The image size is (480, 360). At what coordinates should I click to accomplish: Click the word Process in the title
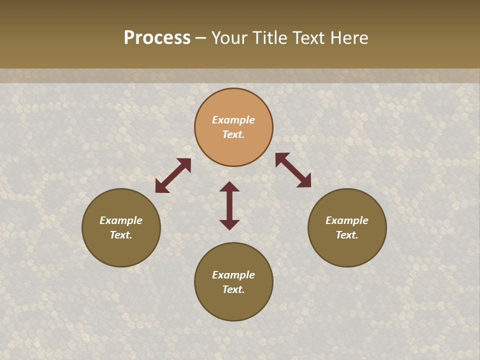[x=157, y=38]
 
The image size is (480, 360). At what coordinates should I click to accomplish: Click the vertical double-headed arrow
[x=229, y=205]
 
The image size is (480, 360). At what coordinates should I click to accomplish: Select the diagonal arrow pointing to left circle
[x=173, y=175]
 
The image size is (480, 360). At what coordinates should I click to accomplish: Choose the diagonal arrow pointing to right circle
[x=293, y=170]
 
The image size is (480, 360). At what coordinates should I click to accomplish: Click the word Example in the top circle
[x=233, y=120]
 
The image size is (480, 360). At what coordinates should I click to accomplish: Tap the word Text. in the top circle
[x=233, y=134]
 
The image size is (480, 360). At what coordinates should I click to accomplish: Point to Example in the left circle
[x=121, y=220]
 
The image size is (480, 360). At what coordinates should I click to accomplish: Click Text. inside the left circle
[x=121, y=235]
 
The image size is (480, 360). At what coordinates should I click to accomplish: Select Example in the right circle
[x=347, y=220]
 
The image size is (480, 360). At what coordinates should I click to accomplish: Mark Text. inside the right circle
[x=347, y=235]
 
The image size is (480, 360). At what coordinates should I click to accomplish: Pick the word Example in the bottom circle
[x=233, y=275]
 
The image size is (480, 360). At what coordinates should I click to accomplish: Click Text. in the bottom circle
[x=233, y=289]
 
